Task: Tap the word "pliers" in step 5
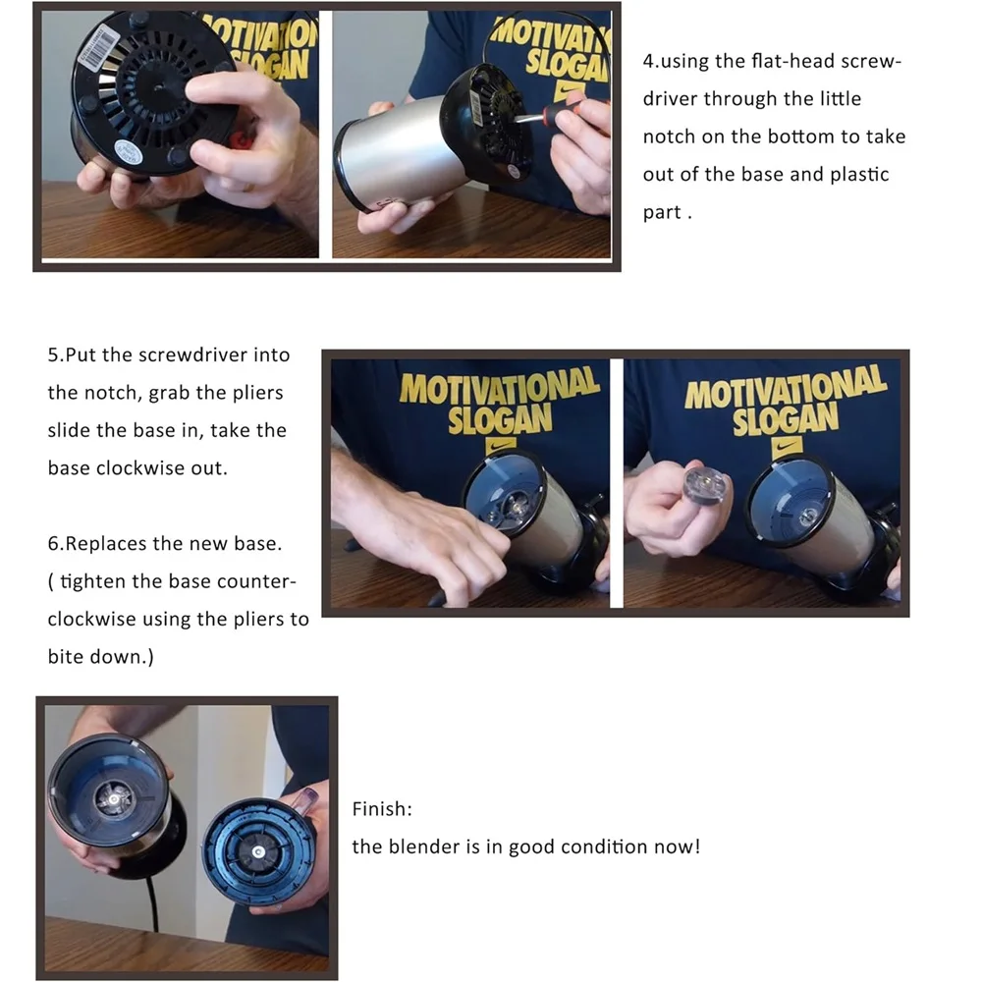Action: (258, 394)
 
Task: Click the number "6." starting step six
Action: (56, 544)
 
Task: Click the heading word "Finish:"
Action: (382, 809)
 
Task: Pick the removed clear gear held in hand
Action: (706, 481)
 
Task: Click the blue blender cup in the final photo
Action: (258, 850)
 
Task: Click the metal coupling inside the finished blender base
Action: (115, 798)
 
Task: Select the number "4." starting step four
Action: (651, 61)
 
